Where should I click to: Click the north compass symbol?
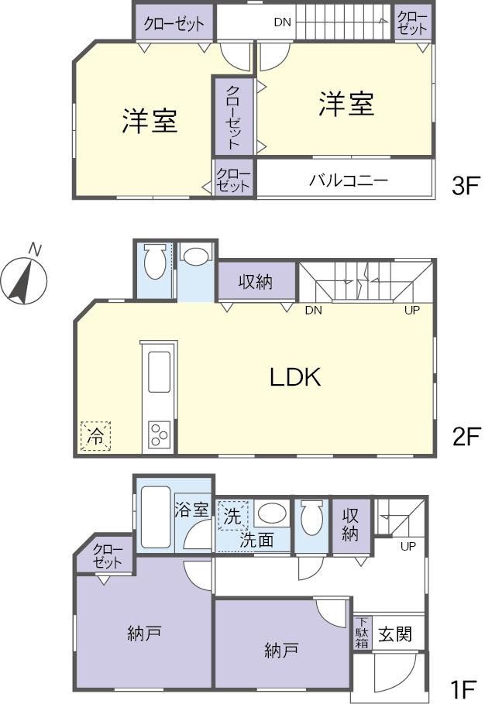point(23,277)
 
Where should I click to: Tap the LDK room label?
point(294,377)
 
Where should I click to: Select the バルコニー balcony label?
point(348,180)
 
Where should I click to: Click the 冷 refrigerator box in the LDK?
point(95,436)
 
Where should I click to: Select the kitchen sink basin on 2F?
point(159,372)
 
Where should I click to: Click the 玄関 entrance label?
point(394,634)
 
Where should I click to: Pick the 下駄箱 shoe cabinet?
point(362,633)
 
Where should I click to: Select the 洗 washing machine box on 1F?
point(232,514)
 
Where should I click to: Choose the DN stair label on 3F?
point(283,22)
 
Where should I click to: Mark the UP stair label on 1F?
point(407,546)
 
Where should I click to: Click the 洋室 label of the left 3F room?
point(150,121)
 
